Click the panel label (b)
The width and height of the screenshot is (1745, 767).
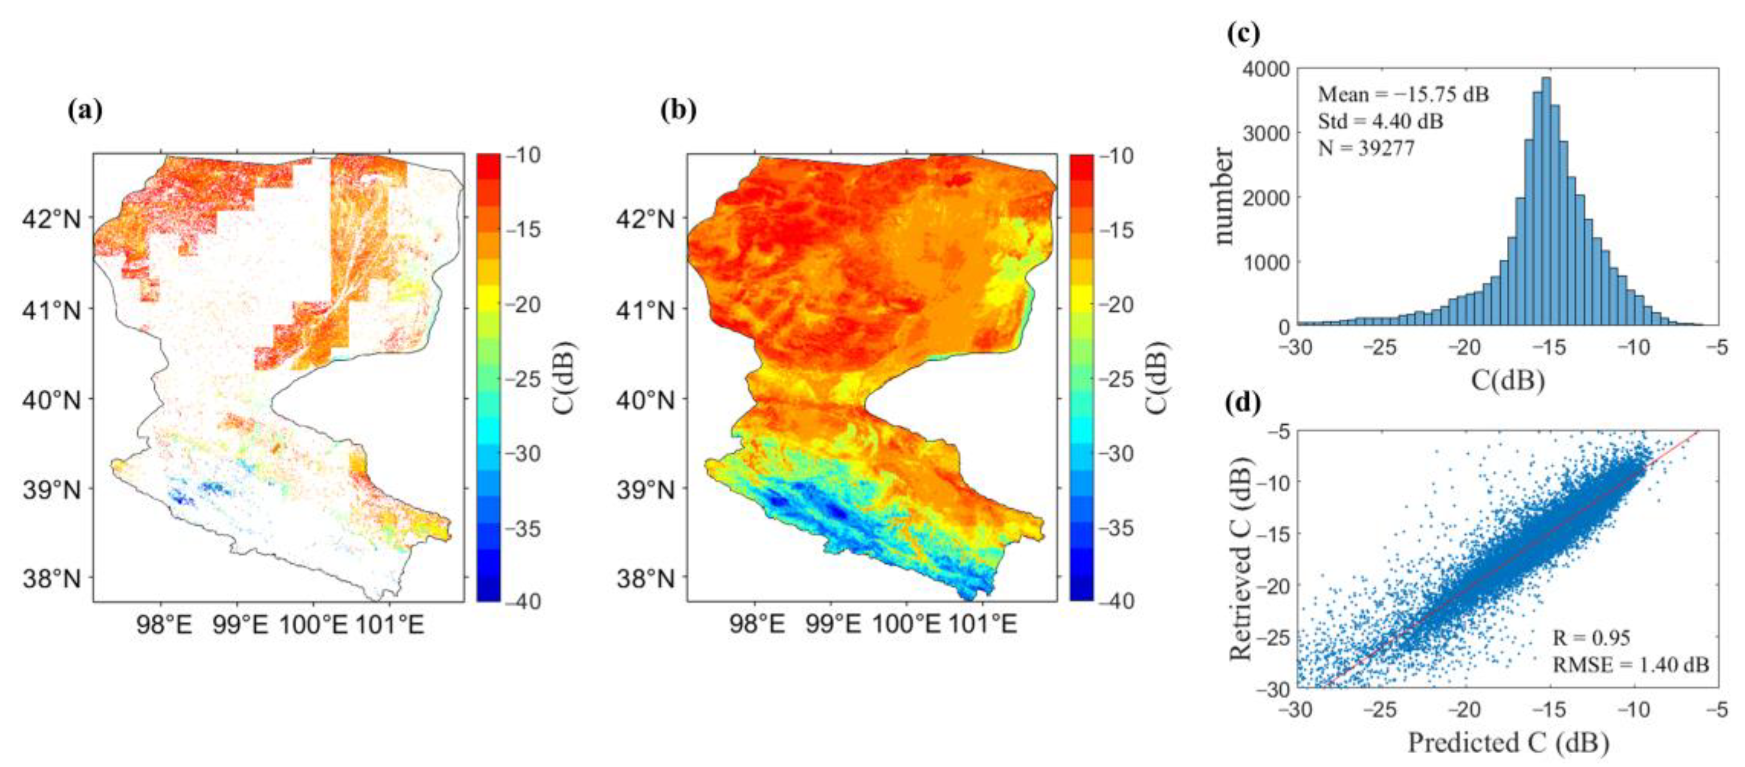[x=679, y=111]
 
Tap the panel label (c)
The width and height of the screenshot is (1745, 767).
[x=1244, y=33]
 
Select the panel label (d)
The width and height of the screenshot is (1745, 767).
[x=1244, y=403]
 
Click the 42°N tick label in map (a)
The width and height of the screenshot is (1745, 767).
[x=51, y=220]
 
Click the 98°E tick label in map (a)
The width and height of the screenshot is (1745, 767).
[x=164, y=623]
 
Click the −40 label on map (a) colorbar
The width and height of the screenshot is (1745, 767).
[x=522, y=600]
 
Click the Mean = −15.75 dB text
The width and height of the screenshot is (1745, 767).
[x=1403, y=94]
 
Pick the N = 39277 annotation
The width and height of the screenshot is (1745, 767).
[x=1366, y=148]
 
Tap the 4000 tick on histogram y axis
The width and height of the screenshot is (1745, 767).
[x=1266, y=70]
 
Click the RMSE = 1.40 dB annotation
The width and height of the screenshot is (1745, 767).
[x=1630, y=665]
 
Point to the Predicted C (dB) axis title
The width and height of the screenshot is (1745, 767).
[x=1508, y=743]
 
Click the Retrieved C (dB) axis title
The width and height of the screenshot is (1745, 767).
[x=1241, y=559]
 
